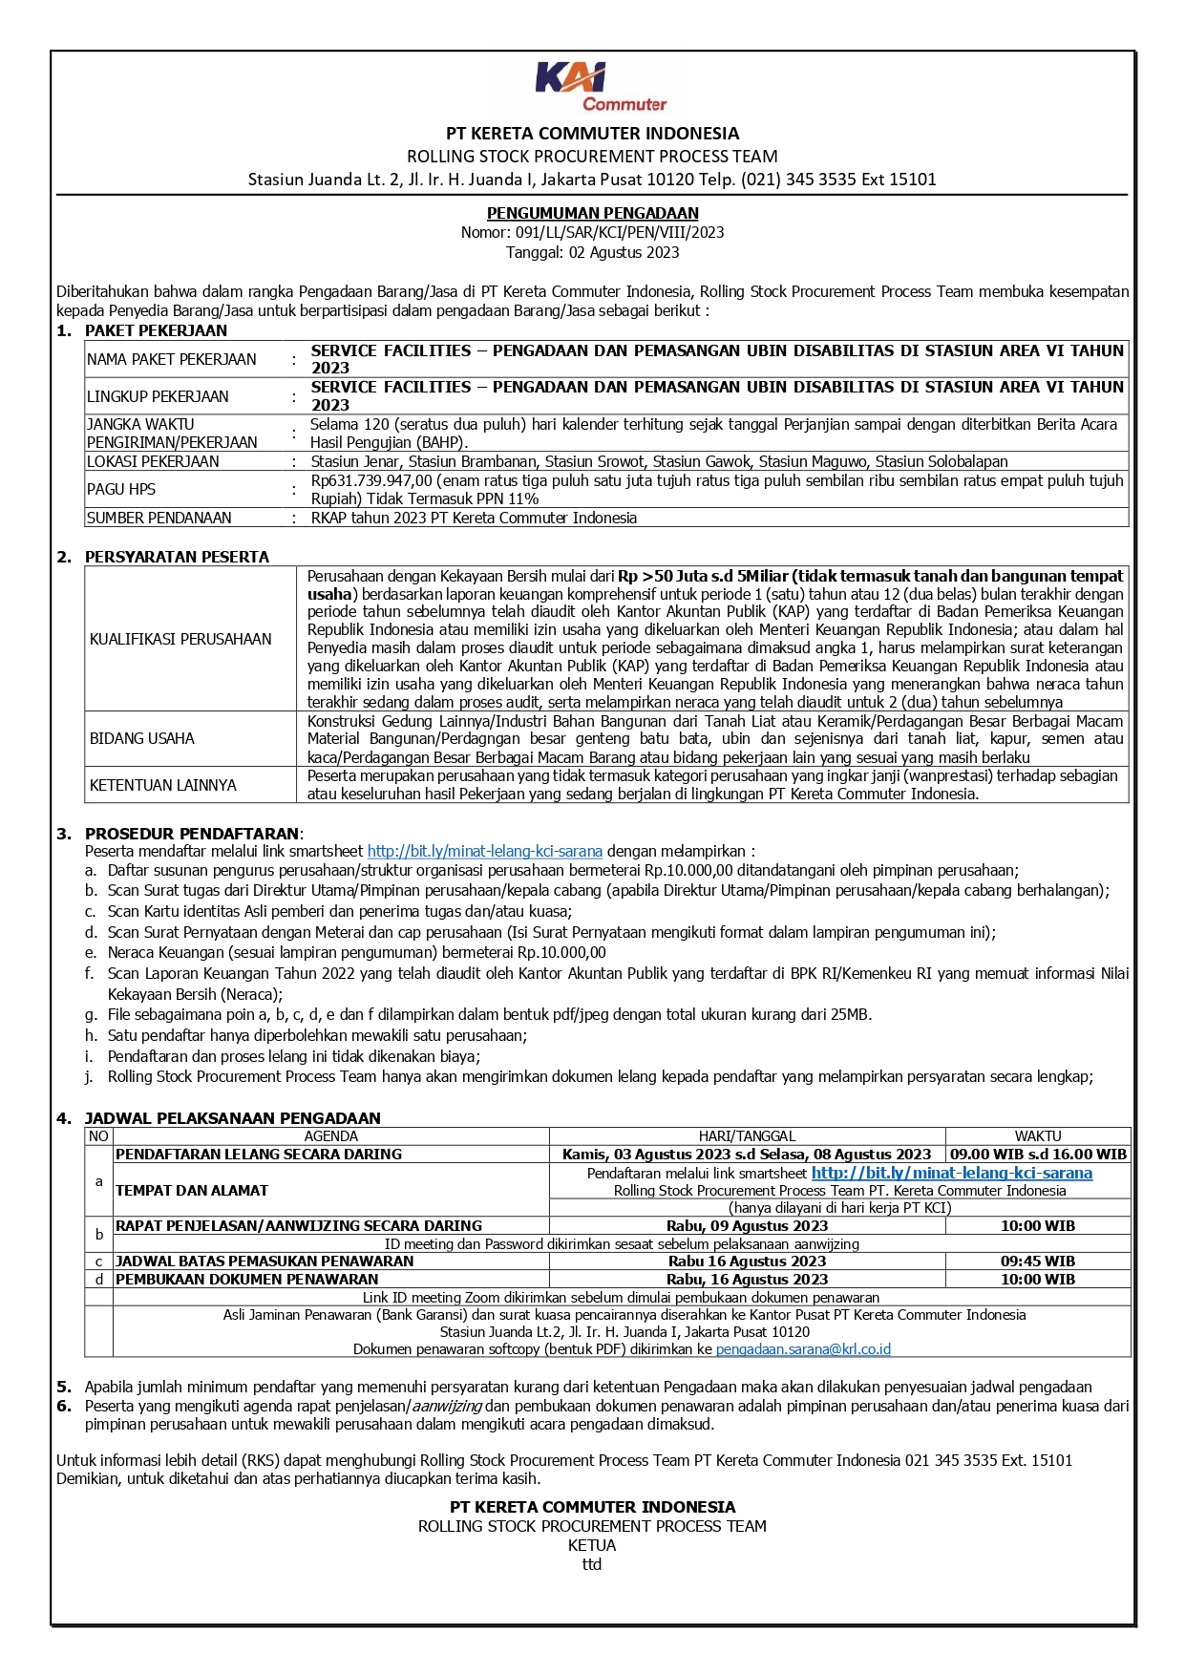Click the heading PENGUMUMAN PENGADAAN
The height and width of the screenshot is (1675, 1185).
click(592, 213)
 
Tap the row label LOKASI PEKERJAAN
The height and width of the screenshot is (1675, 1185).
click(153, 461)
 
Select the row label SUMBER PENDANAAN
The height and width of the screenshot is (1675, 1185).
click(159, 518)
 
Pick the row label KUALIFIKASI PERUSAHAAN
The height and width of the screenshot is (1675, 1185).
click(180, 639)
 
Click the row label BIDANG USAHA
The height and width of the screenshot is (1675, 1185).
click(141, 738)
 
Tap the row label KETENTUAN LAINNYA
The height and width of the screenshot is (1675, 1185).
click(162, 785)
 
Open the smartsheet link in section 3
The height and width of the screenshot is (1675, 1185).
click(484, 851)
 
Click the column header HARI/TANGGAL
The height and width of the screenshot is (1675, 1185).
click(747, 1136)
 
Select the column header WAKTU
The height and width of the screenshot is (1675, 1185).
click(1037, 1136)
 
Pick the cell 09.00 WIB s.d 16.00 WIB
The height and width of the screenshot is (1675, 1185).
click(1038, 1155)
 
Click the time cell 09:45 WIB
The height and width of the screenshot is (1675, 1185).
click(1037, 1262)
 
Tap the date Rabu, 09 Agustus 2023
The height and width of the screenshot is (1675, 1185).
click(747, 1226)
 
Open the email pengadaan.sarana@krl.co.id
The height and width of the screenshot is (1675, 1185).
click(802, 1349)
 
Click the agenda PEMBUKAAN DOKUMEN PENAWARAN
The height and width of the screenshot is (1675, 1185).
click(246, 1280)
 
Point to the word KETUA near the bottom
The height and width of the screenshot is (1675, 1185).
click(592, 1545)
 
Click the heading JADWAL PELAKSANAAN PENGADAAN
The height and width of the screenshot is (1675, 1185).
click(232, 1118)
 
